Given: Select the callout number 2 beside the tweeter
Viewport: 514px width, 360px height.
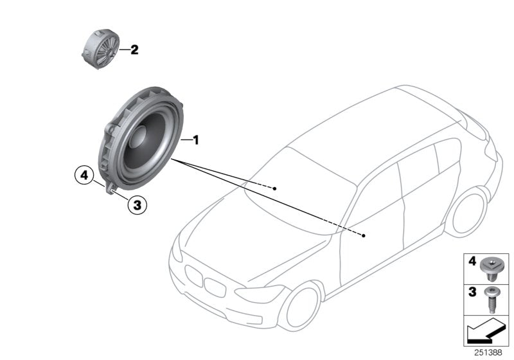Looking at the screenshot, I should click(x=134, y=50).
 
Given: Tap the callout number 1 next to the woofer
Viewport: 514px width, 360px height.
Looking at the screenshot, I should click(x=197, y=139).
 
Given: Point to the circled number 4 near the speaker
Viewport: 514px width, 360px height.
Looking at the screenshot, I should click(x=83, y=174).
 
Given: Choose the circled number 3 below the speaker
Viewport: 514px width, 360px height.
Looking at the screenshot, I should click(x=136, y=206).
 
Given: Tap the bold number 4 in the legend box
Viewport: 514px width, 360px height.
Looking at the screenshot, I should click(x=472, y=262).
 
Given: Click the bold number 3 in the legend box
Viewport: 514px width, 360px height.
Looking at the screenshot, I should click(x=472, y=292).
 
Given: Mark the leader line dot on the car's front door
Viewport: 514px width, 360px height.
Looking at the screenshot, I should click(x=364, y=236).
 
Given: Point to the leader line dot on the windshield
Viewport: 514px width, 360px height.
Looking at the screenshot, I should click(x=274, y=188).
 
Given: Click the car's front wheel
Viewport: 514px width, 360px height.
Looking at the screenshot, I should click(x=303, y=305).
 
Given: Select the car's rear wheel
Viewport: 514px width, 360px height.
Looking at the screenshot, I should click(x=468, y=213).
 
